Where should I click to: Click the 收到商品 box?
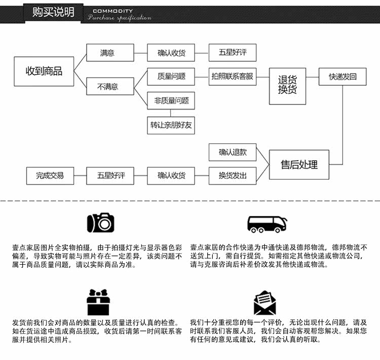click(x=44, y=71)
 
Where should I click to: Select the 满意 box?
click(x=107, y=53)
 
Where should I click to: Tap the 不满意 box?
click(x=107, y=87)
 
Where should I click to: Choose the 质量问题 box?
click(x=171, y=77)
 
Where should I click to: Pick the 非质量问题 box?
click(x=171, y=100)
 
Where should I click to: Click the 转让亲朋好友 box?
click(x=171, y=125)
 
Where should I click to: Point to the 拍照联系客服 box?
click(x=233, y=77)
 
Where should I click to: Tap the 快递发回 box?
click(x=343, y=77)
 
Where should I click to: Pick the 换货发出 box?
click(x=233, y=175)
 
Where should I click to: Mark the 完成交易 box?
click(x=50, y=175)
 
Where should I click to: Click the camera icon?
click(x=101, y=222)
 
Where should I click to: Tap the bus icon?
click(x=267, y=224)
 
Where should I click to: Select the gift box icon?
click(x=98, y=302)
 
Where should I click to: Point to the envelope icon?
click(x=264, y=303)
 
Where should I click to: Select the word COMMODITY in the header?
click(x=112, y=11)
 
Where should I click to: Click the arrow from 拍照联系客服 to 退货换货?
click(x=262, y=77)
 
